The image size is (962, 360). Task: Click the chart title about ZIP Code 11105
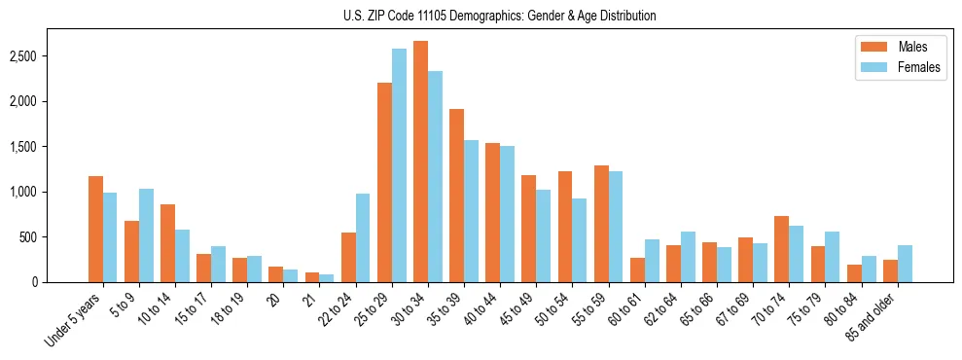[x=500, y=16]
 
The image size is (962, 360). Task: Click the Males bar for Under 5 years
[x=95, y=229]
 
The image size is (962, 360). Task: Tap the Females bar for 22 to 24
[x=363, y=237]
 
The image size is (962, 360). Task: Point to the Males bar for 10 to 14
[x=167, y=243]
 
